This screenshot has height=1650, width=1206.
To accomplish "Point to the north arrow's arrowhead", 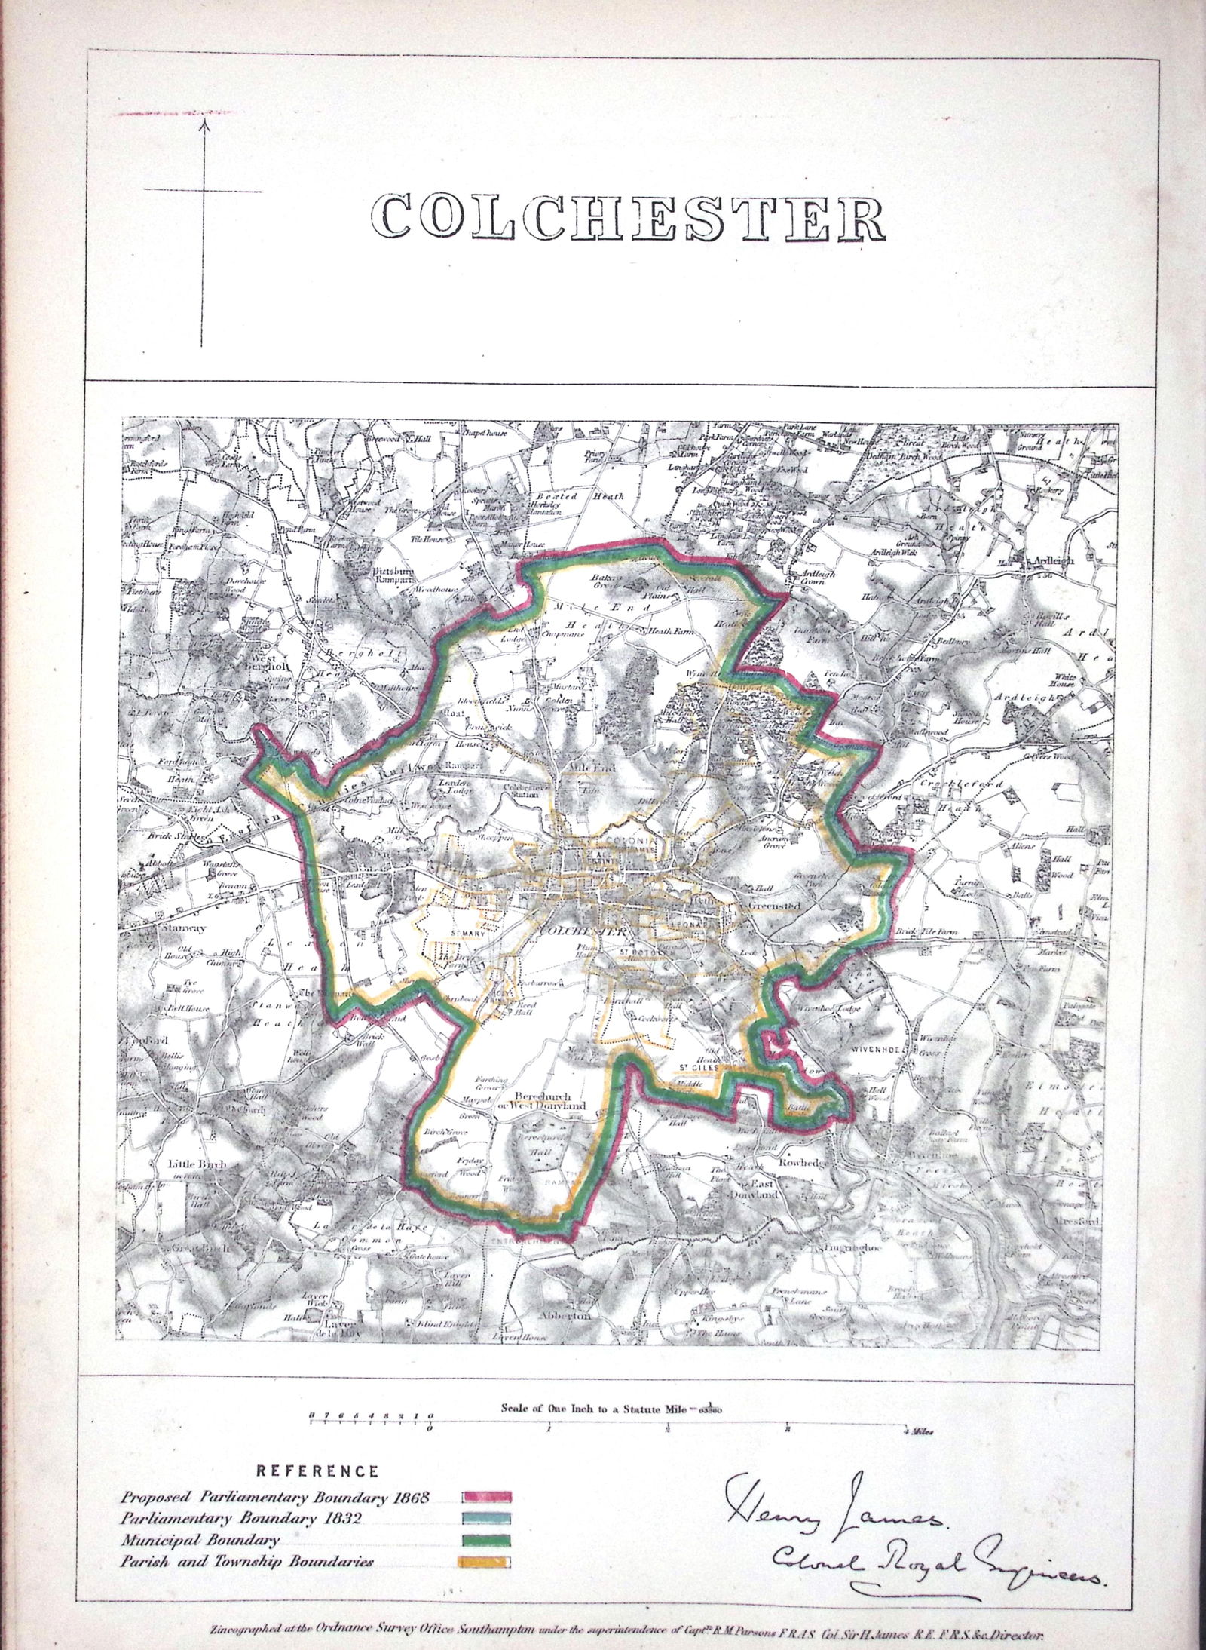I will pyautogui.click(x=201, y=121).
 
